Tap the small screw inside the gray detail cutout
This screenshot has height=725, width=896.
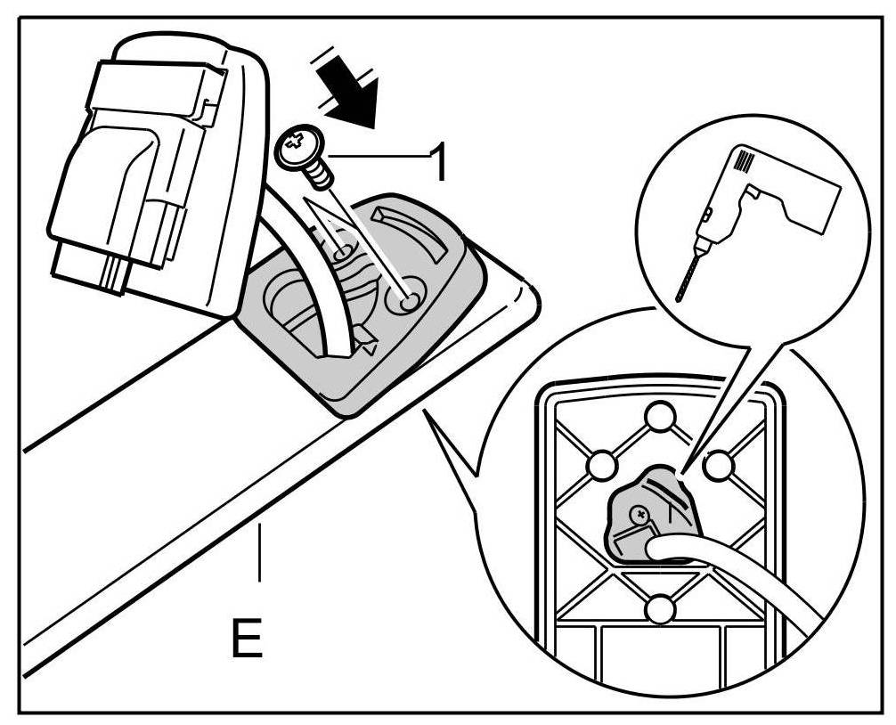[x=639, y=514]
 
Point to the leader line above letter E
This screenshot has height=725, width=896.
[x=259, y=552]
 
